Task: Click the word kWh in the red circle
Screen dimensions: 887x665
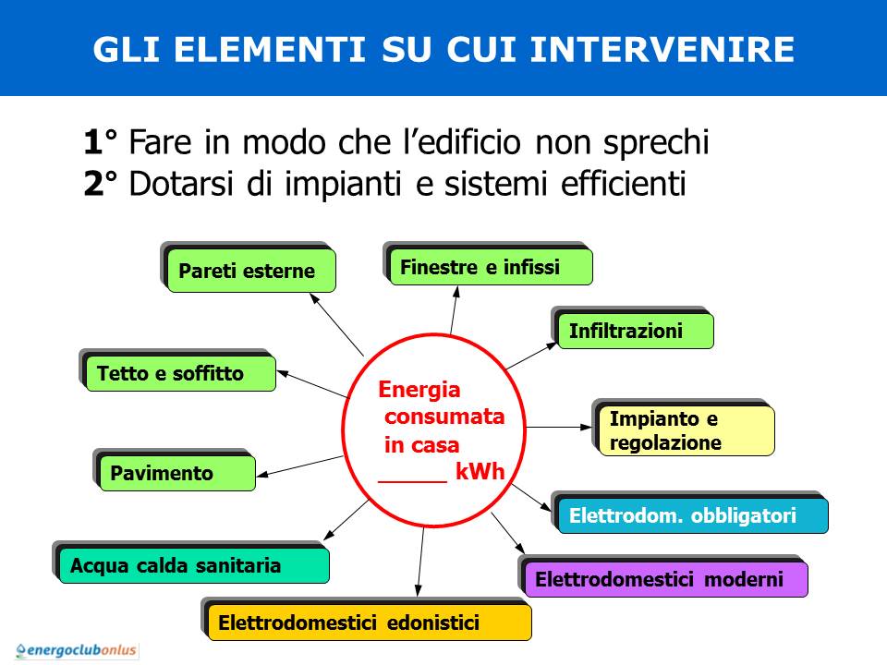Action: (x=480, y=472)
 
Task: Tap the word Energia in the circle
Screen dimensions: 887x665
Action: (x=419, y=390)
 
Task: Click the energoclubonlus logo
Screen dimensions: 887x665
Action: (x=77, y=650)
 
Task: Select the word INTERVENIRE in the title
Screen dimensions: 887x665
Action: (x=662, y=49)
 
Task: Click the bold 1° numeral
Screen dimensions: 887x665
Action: (x=100, y=141)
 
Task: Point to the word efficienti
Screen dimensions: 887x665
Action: (x=624, y=183)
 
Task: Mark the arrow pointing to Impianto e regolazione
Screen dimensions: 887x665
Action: (x=559, y=427)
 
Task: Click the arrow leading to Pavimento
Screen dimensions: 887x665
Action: (x=299, y=465)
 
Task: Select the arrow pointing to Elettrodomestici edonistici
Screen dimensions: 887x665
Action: (x=420, y=562)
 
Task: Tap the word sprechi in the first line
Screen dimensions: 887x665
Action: (x=656, y=142)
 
